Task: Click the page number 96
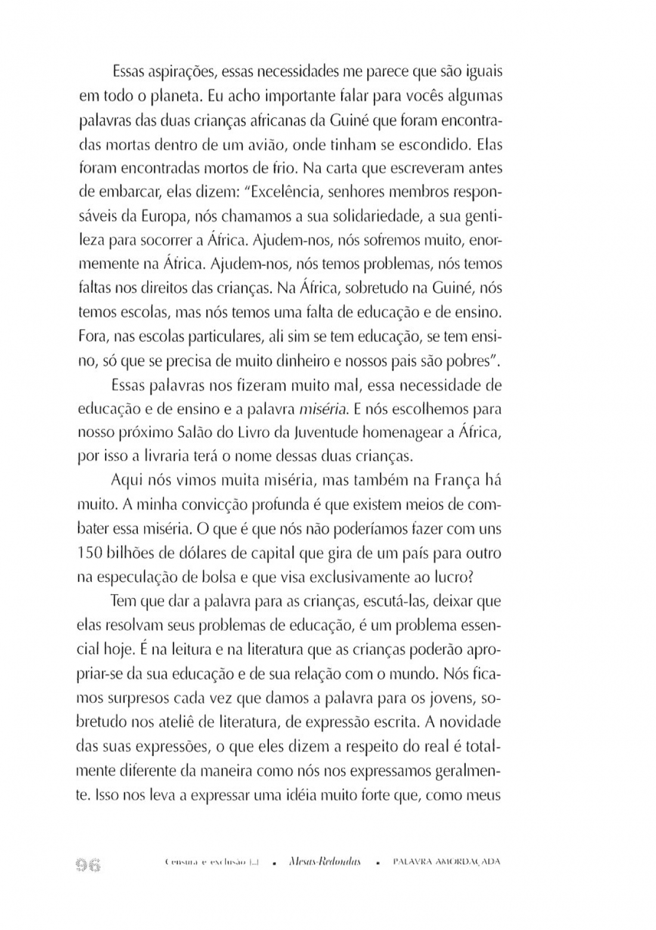pos(87,864)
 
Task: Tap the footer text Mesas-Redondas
pos(323,863)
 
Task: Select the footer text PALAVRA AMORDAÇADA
pos(446,863)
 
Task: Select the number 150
pos(91,553)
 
